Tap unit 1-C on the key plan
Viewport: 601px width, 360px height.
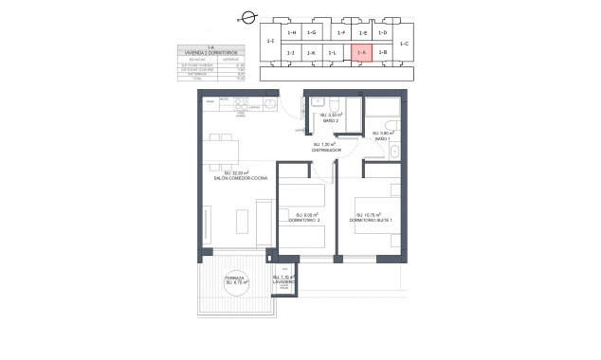(x=403, y=44)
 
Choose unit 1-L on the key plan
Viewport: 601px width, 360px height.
(x=332, y=53)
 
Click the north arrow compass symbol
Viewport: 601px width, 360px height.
(x=249, y=16)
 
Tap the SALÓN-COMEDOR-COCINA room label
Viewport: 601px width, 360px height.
(x=246, y=176)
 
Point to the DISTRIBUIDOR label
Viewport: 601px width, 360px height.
(x=326, y=148)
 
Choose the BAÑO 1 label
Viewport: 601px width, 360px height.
(x=382, y=136)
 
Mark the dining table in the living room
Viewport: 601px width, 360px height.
(x=221, y=149)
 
